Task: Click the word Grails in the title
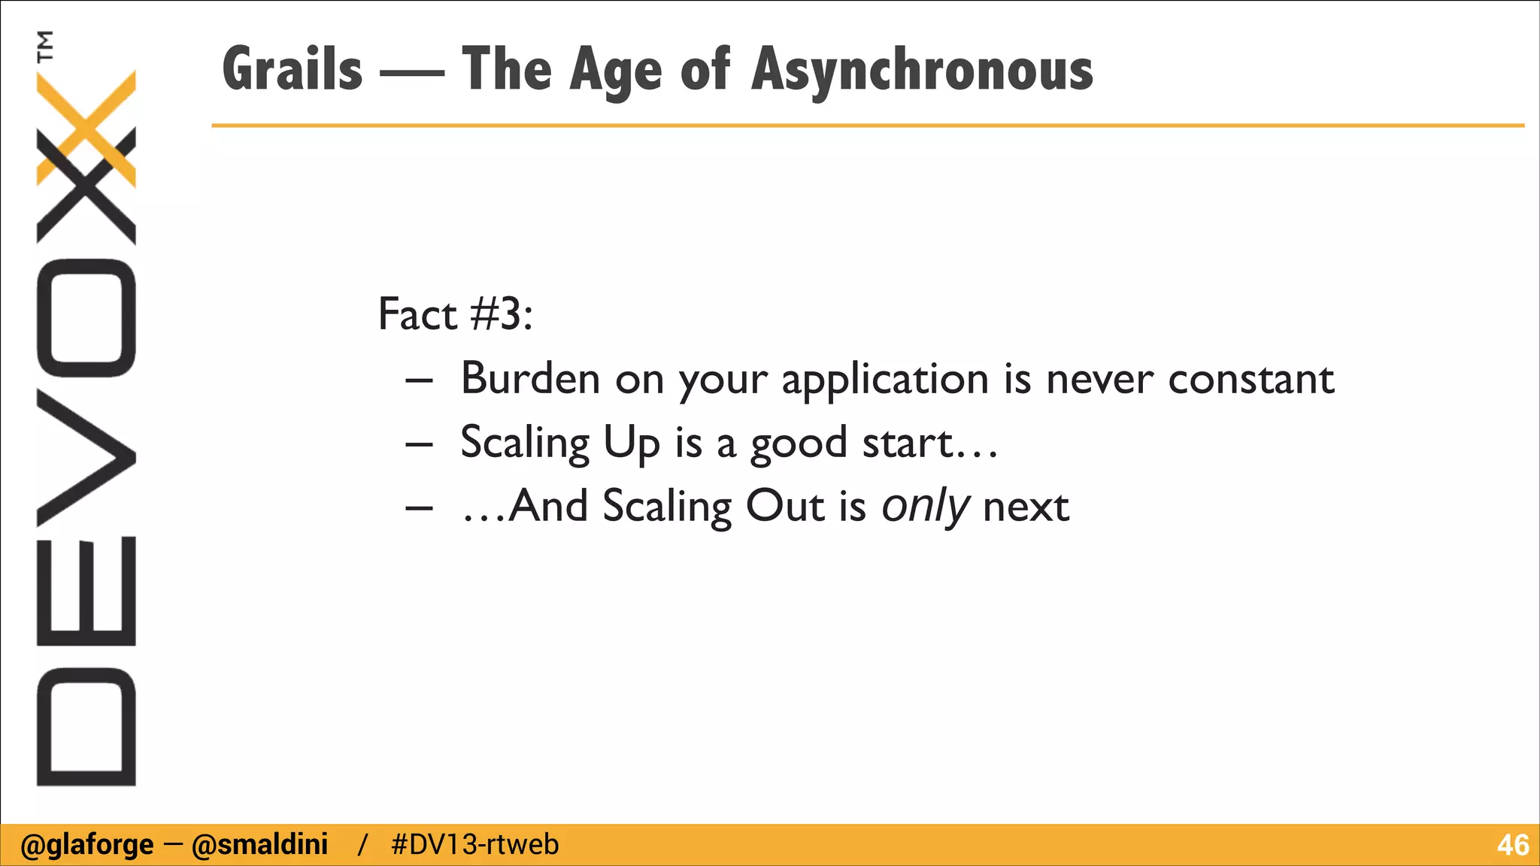click(x=293, y=70)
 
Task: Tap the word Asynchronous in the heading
click(x=922, y=70)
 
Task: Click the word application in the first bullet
click(x=884, y=379)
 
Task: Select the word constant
click(x=1250, y=378)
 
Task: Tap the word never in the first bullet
click(x=1099, y=379)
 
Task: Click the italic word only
click(x=925, y=506)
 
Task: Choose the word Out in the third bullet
click(x=784, y=505)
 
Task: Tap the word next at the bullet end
click(x=1026, y=506)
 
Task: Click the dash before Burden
click(x=419, y=380)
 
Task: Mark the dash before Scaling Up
click(x=419, y=444)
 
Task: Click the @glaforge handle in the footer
click(x=86, y=845)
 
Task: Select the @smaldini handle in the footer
click(x=259, y=845)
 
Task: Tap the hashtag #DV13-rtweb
click(x=475, y=845)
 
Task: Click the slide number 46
click(x=1512, y=845)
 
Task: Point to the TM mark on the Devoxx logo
click(x=46, y=45)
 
